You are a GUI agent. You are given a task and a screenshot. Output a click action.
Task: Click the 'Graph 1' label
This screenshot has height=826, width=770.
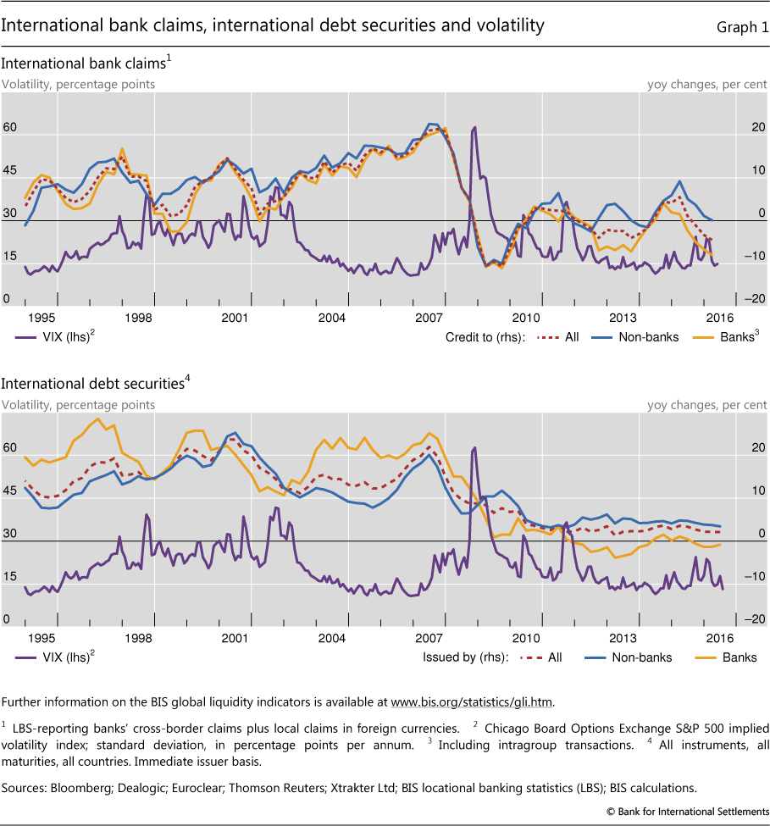(737, 27)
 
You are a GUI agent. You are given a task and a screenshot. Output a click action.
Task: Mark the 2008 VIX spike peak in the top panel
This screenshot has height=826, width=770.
(474, 127)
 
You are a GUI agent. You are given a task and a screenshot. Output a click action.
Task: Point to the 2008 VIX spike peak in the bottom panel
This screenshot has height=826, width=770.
(474, 447)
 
